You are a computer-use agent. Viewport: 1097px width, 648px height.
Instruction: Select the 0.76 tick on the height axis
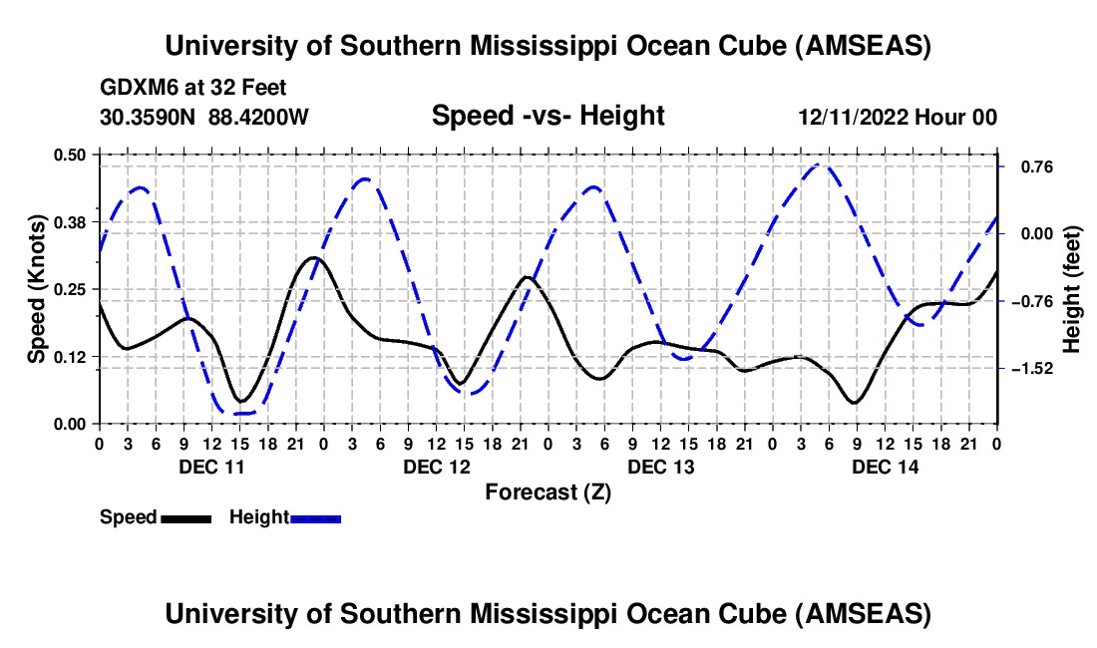click(x=1026, y=166)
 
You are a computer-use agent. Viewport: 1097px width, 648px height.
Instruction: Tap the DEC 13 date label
click(x=660, y=467)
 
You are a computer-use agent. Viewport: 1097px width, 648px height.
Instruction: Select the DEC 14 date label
click(x=885, y=467)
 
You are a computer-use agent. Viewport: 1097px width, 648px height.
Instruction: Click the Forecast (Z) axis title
click(x=548, y=491)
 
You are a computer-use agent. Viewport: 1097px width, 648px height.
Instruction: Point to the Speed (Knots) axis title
click(x=37, y=289)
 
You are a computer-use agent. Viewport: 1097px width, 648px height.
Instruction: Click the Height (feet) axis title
click(x=1073, y=289)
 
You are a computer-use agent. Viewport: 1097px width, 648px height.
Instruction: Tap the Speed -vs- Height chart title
click(x=548, y=117)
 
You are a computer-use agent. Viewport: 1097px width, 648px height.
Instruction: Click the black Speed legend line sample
click(x=185, y=518)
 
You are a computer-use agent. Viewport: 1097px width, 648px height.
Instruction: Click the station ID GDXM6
click(x=136, y=88)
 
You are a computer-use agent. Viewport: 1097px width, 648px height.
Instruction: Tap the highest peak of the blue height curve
click(x=819, y=164)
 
